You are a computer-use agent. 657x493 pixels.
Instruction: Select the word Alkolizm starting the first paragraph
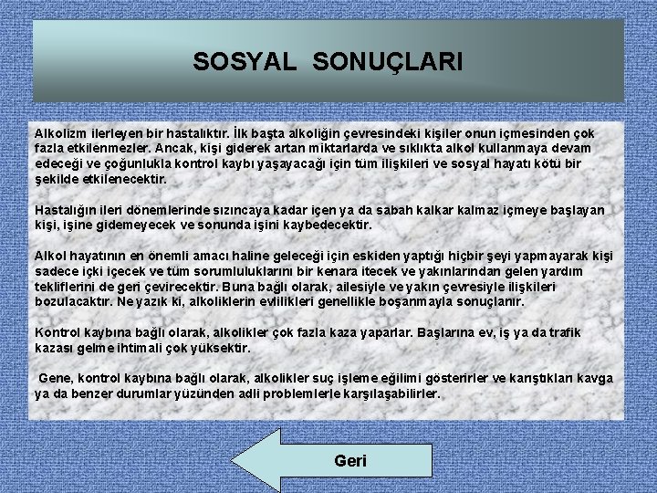click(60, 132)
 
